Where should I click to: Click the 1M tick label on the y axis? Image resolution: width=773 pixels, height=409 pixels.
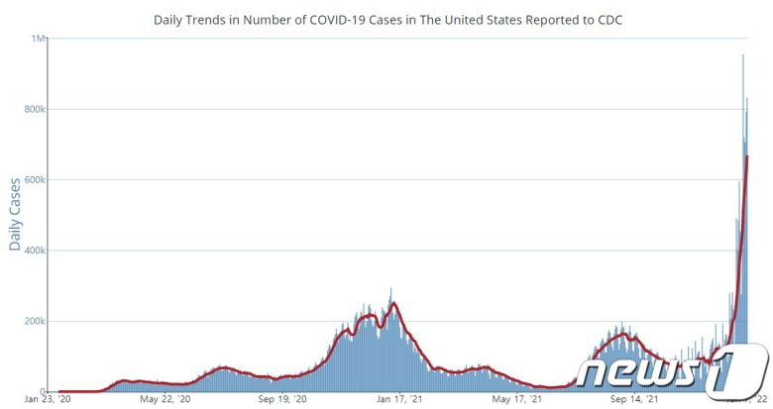coord(40,39)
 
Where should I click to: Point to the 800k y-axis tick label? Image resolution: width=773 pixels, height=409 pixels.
coord(36,109)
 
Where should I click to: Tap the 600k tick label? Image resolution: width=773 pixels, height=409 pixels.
coord(36,179)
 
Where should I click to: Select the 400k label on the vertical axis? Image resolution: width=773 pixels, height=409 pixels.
coord(36,251)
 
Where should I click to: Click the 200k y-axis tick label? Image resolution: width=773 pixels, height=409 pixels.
coord(36,322)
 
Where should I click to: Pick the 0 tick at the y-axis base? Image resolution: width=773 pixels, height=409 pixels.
coord(44,392)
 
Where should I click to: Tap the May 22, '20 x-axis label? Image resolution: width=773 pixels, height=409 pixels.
coord(165,400)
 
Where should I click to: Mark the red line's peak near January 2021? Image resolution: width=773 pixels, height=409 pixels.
coord(393,303)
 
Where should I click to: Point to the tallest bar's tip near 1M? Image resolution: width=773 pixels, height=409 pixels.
coord(743,54)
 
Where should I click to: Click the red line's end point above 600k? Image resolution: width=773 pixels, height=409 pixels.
coord(746,155)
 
